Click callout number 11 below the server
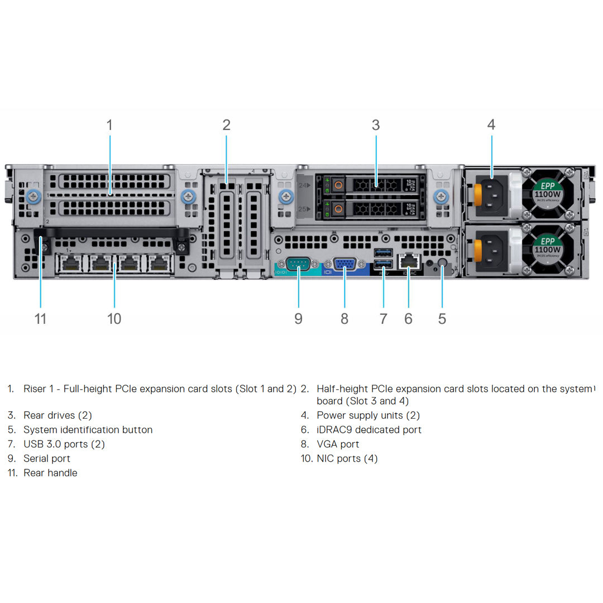40,319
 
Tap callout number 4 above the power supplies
491,125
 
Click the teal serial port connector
298,264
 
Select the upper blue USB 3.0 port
383,253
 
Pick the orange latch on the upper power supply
478,193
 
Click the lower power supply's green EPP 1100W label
548,246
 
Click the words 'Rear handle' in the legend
50,473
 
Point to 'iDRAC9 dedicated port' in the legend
368,430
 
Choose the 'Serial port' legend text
47,458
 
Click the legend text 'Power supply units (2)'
368,415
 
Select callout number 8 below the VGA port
344,319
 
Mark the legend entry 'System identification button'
88,430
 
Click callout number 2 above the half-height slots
226,125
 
